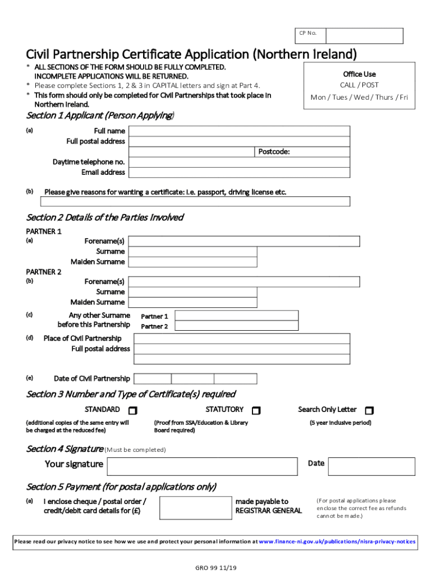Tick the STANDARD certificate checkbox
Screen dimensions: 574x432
(133, 410)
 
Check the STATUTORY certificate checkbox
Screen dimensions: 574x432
(256, 410)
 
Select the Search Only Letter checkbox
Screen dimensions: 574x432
(369, 410)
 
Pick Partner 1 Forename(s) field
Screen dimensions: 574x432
(244, 241)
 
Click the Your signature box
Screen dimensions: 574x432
(202, 466)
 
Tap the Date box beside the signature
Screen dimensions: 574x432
(371, 466)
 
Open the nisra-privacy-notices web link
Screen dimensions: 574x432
(337, 541)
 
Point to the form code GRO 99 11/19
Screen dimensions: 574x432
(215, 568)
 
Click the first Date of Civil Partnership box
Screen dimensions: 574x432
(153, 378)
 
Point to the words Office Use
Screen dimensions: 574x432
(359, 74)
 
